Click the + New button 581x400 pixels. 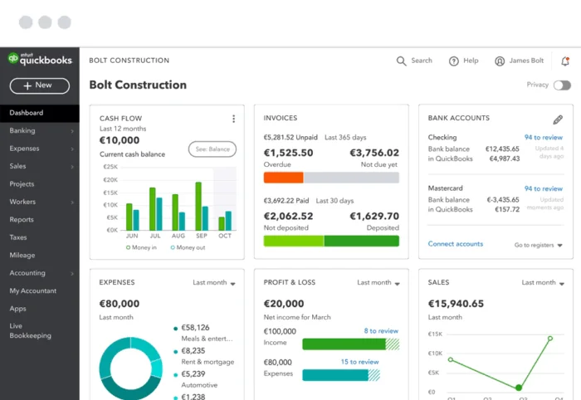[39, 85]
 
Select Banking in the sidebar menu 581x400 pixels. [22, 130]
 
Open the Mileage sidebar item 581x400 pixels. [22, 256]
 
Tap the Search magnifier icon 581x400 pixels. [402, 61]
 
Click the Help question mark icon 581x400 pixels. [454, 61]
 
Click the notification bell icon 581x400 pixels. [565, 61]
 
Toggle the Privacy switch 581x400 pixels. [562, 85]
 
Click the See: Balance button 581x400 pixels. [212, 149]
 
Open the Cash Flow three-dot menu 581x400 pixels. [233, 119]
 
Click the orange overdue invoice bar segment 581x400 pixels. [283, 178]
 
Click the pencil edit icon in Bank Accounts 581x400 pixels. [558, 120]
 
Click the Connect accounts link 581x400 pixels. [455, 244]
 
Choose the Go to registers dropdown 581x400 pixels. [538, 245]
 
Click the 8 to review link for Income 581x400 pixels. [381, 330]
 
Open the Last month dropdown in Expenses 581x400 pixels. [214, 283]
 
